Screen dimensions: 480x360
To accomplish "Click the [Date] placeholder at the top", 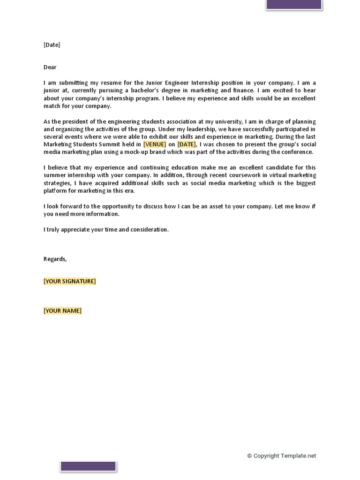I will (52, 45).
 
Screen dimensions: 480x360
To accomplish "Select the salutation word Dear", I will (50, 67).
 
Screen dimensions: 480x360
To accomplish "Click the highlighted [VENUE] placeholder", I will (155, 144).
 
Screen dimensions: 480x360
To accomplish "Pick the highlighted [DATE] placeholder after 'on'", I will (187, 144).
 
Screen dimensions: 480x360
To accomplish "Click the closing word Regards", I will (55, 259).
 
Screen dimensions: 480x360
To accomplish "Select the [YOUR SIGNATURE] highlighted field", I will (69, 281).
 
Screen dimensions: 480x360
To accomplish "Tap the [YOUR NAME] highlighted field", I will (62, 311).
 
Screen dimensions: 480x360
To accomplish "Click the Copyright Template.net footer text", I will (281, 456).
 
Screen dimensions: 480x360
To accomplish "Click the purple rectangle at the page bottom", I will (88, 466).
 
